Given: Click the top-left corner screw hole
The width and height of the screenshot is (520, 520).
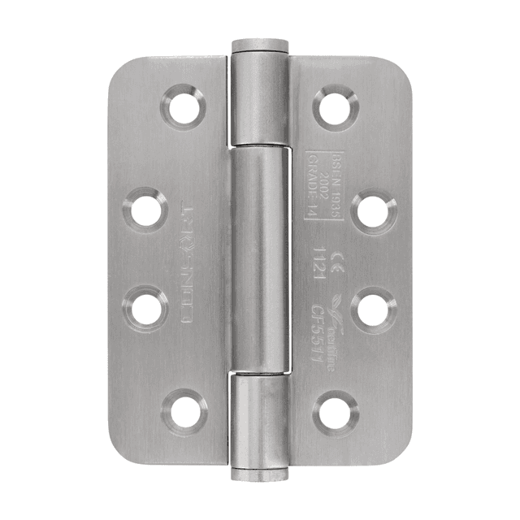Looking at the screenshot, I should pos(183,106).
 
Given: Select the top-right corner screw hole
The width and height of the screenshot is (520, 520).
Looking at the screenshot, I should pos(336,106).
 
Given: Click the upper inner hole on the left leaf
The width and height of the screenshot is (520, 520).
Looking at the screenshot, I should pos(146,208).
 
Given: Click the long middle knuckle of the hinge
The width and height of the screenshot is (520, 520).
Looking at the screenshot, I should pos(260,259).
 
